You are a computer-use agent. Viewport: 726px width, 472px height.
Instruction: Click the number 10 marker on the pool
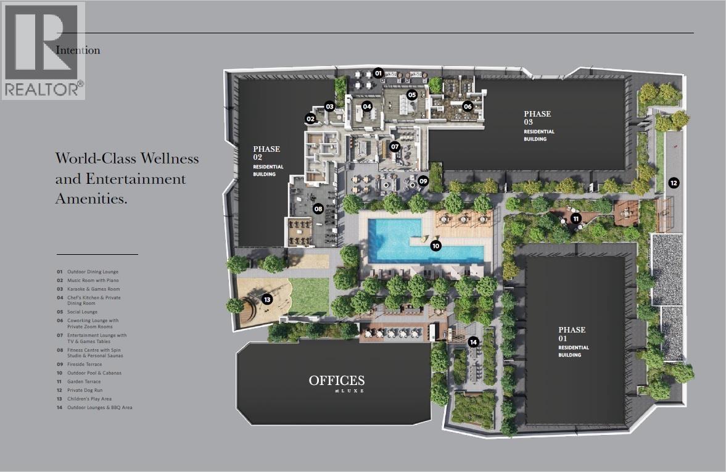(x=435, y=246)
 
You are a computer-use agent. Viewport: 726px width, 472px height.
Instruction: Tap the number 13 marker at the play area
(x=266, y=299)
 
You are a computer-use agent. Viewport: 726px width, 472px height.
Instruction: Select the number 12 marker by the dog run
(x=674, y=183)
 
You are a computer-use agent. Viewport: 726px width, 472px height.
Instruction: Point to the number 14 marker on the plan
(x=473, y=342)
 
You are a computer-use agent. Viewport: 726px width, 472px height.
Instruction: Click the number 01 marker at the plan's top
(x=378, y=73)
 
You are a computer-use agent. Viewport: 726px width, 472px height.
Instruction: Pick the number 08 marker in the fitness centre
(x=318, y=209)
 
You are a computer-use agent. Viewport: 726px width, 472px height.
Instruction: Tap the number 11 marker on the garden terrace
(x=576, y=218)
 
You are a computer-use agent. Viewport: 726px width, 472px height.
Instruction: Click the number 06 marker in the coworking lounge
(x=468, y=107)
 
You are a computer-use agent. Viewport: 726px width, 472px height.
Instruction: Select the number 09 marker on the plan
(x=423, y=181)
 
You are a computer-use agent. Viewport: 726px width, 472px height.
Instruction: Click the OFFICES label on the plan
(x=337, y=381)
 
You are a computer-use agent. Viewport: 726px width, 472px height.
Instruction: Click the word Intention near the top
(x=78, y=50)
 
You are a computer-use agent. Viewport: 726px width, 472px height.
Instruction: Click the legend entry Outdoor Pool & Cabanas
(x=94, y=373)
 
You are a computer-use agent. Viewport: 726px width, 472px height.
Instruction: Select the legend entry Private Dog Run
(x=85, y=391)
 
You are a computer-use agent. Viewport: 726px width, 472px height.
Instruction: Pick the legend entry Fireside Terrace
(x=85, y=365)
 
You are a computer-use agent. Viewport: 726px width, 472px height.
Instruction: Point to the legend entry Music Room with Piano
(x=93, y=280)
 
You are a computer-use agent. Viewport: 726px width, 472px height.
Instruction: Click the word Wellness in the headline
(x=170, y=159)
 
